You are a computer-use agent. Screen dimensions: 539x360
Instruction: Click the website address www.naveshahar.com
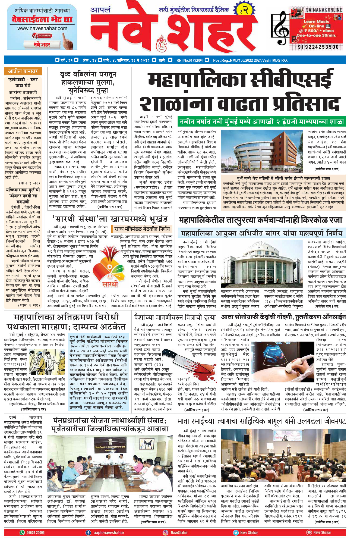click(42, 28)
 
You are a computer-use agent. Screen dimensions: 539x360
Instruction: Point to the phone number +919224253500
click(317, 47)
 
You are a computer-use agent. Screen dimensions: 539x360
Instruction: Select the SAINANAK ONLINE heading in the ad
click(324, 10)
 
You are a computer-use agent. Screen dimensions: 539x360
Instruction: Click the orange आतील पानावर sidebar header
click(23, 71)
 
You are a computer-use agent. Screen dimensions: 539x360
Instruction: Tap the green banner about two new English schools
click(262, 121)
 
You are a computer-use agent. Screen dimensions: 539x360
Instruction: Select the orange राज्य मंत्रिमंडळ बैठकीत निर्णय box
click(142, 229)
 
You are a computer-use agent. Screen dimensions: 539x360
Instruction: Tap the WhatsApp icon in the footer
click(22, 532)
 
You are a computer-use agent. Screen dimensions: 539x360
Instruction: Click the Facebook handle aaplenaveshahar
click(109, 532)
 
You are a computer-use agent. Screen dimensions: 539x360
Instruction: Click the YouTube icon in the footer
click(309, 532)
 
